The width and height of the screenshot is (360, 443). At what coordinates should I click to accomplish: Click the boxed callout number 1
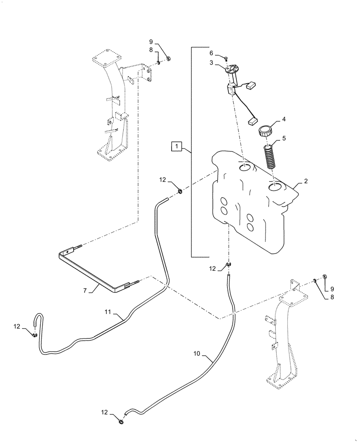[176, 146]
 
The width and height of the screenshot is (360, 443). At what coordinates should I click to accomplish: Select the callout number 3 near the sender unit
[212, 63]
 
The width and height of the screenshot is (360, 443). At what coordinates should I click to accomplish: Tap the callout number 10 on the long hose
[198, 354]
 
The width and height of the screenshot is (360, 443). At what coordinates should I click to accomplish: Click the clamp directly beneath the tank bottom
[229, 264]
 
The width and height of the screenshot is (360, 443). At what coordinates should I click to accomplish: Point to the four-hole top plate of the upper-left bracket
[106, 58]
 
